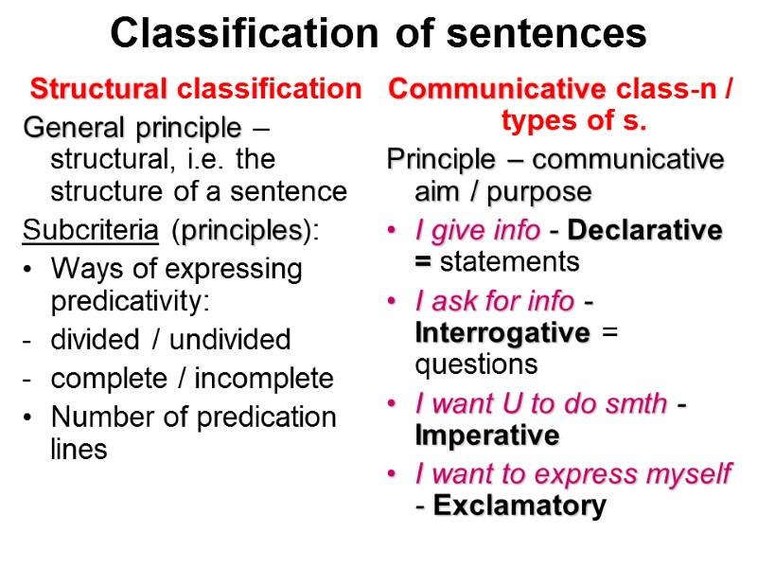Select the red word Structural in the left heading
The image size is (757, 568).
pyautogui.click(x=98, y=89)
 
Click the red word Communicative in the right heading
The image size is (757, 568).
pyautogui.click(x=497, y=89)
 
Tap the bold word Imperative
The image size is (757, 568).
pyautogui.click(x=487, y=436)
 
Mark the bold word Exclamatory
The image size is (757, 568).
pyautogui.click(x=519, y=506)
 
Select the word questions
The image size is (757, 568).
pyautogui.click(x=476, y=364)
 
